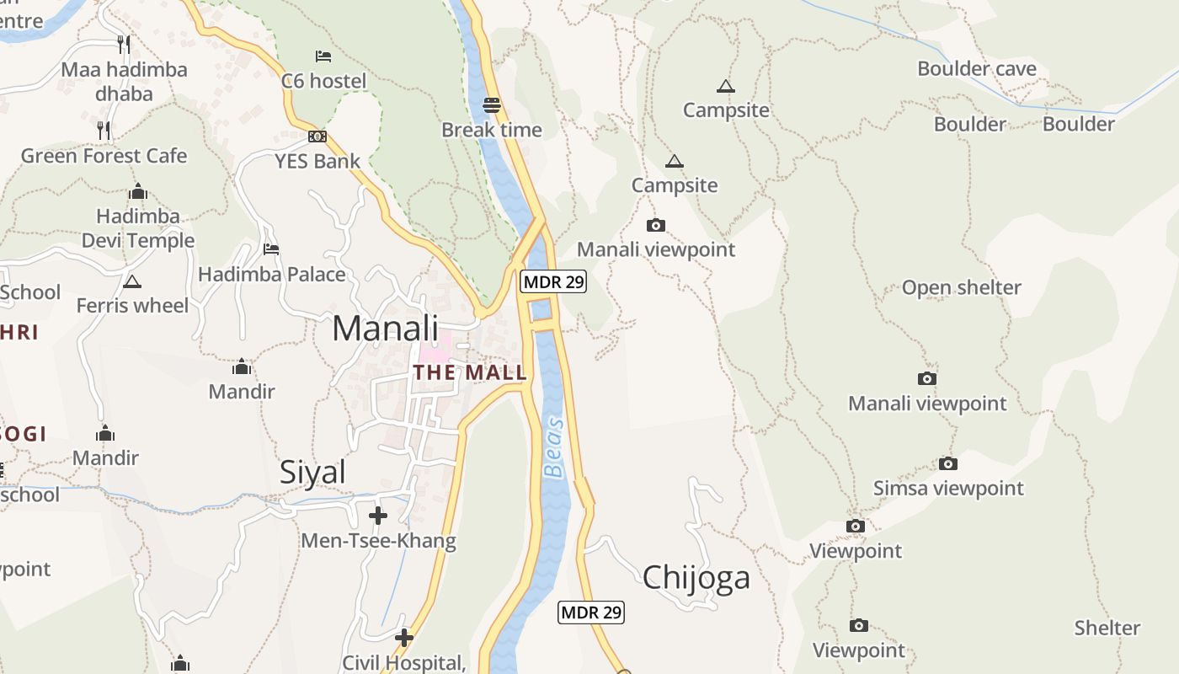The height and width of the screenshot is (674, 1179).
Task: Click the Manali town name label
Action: (386, 328)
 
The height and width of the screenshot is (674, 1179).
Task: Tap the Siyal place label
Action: (312, 473)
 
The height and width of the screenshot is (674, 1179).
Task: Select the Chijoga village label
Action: (696, 578)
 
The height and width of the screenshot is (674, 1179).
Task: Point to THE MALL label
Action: (470, 372)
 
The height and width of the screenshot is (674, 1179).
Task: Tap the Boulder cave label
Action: (977, 69)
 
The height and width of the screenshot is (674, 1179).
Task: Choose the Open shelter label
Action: (961, 288)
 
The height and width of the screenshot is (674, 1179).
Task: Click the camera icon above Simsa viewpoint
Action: (948, 464)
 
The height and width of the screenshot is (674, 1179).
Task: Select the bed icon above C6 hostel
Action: (323, 56)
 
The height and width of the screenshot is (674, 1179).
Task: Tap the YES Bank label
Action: (317, 161)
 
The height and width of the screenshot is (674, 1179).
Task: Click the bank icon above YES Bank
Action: (317, 136)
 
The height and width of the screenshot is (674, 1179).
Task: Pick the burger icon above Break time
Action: (492, 105)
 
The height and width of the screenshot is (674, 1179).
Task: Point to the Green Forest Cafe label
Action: (104, 156)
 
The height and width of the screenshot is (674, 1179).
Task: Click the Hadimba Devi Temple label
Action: (138, 228)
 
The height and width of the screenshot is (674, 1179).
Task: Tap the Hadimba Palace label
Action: (271, 275)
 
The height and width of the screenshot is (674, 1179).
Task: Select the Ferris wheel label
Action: (133, 305)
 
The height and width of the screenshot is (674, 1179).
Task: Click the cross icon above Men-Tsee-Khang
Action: (378, 515)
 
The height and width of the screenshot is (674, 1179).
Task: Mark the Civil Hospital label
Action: (404, 663)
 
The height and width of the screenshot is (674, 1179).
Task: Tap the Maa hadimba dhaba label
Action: (124, 81)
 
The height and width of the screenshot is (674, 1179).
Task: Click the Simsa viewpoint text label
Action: (948, 489)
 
